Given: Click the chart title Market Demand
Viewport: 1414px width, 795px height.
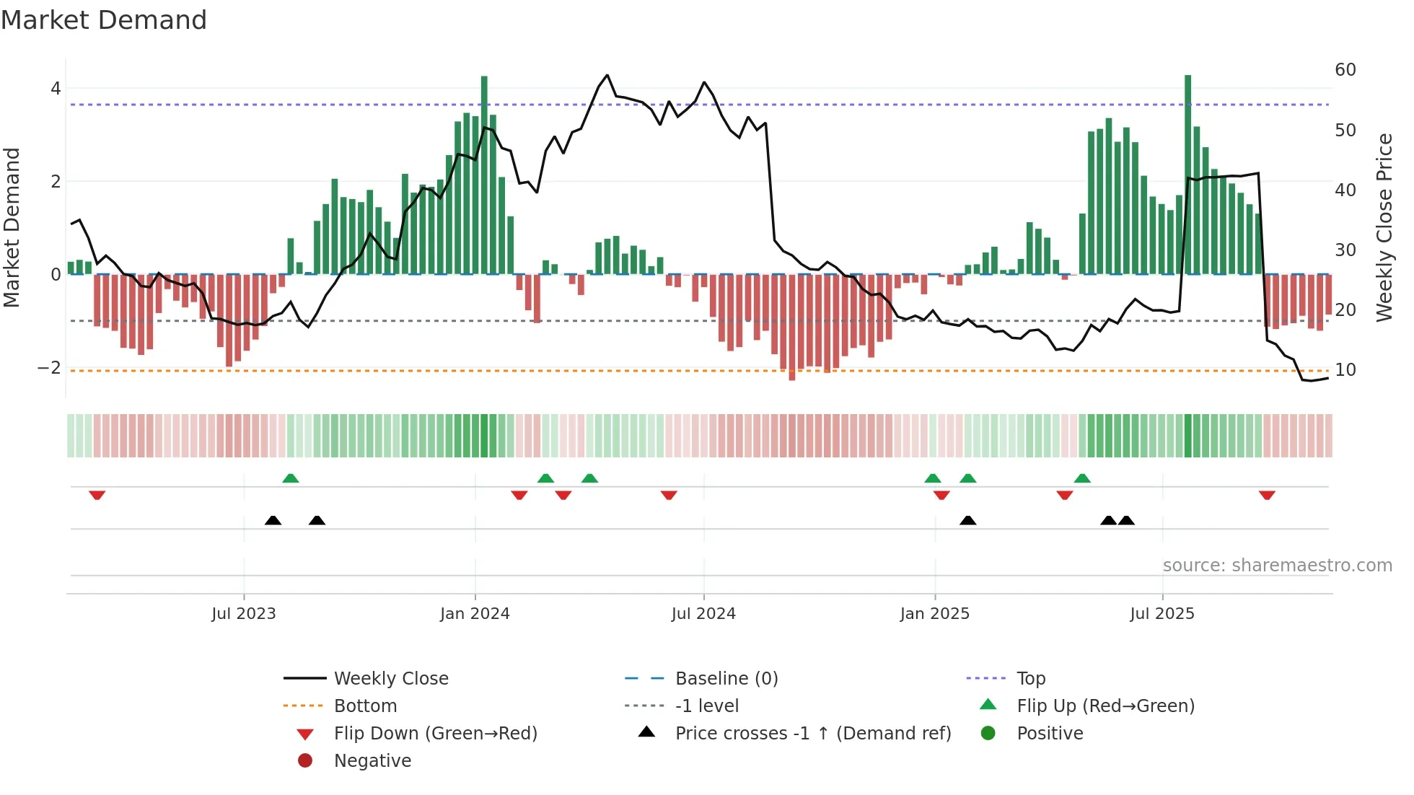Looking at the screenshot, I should pos(104,20).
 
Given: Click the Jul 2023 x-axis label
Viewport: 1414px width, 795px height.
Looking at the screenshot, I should pos(243,614).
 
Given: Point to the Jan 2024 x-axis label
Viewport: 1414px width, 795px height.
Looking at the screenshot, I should pos(475,614).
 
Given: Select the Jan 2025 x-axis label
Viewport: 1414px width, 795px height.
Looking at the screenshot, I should pos(934,614).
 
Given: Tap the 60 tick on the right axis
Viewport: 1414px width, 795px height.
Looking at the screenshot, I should pos(1345,70).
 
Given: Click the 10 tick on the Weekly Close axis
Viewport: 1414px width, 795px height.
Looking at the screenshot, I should pos(1345,370).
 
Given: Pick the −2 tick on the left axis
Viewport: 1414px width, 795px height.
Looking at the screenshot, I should pos(49,368).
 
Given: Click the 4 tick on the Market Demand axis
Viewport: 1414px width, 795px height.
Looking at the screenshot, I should pos(56,89).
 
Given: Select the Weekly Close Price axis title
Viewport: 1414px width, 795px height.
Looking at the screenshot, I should pos(1384,227).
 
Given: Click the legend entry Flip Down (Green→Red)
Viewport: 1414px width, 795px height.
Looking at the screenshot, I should pos(435,734).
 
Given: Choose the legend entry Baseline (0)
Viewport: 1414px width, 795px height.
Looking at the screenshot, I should pos(726,679).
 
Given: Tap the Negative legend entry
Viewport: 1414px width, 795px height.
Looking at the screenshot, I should pos(372,761).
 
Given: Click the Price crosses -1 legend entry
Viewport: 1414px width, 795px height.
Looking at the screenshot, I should pos(812,734).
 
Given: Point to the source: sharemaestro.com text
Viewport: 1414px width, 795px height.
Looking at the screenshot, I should pos(1277,566).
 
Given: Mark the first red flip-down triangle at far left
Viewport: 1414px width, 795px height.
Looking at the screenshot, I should pos(97,495).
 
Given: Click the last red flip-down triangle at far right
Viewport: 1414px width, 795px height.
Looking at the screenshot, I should pos(1267,495).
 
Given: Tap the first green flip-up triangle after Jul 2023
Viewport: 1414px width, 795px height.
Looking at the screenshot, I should pos(291,478).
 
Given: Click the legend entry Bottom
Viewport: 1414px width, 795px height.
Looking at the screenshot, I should pos(365,706).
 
